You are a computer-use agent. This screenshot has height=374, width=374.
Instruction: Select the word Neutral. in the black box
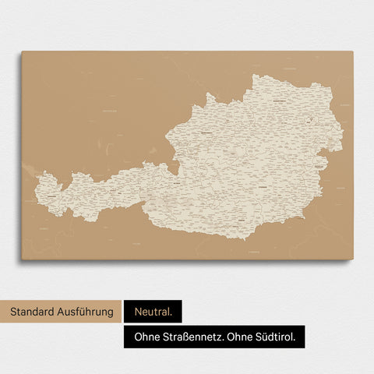pyautogui.click(x=152, y=312)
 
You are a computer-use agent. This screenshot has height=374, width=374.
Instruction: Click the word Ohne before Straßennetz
pyautogui.click(x=144, y=337)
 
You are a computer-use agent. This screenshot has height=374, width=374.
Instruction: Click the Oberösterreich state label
pyautogui.click(x=207, y=132)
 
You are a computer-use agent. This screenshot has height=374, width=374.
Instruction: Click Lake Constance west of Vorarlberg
pyautogui.click(x=30, y=170)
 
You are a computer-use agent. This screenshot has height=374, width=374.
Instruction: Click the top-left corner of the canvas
pyautogui.click(x=22, y=52)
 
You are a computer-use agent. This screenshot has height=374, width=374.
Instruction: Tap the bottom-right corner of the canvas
pyautogui.click(x=352, y=259)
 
